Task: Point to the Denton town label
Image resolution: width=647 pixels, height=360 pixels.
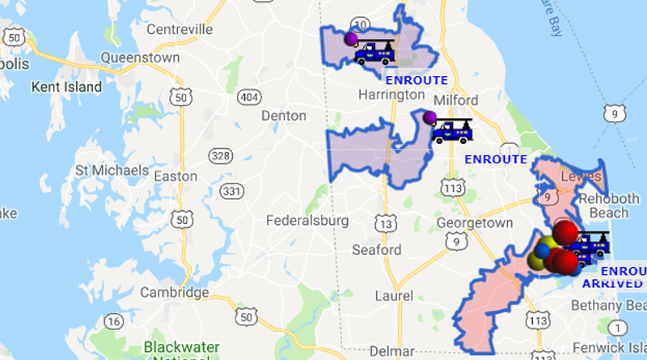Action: [x=283, y=116]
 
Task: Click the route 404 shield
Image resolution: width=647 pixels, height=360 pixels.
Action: [x=248, y=97]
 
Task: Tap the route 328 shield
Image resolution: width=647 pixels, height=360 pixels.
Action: [x=218, y=155]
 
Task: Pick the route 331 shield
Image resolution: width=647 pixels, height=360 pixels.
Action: [x=232, y=191]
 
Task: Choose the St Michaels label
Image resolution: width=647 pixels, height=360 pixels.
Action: [x=112, y=171]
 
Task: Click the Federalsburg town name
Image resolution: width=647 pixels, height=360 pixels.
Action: [x=307, y=220]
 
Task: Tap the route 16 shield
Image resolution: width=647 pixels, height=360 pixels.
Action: [x=114, y=322]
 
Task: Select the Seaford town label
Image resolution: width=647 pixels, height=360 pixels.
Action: [x=377, y=250]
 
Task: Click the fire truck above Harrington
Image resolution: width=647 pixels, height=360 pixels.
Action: [x=374, y=53]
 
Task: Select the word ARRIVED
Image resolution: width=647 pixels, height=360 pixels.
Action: [x=612, y=284]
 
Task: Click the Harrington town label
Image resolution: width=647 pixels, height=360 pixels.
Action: [x=391, y=95]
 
